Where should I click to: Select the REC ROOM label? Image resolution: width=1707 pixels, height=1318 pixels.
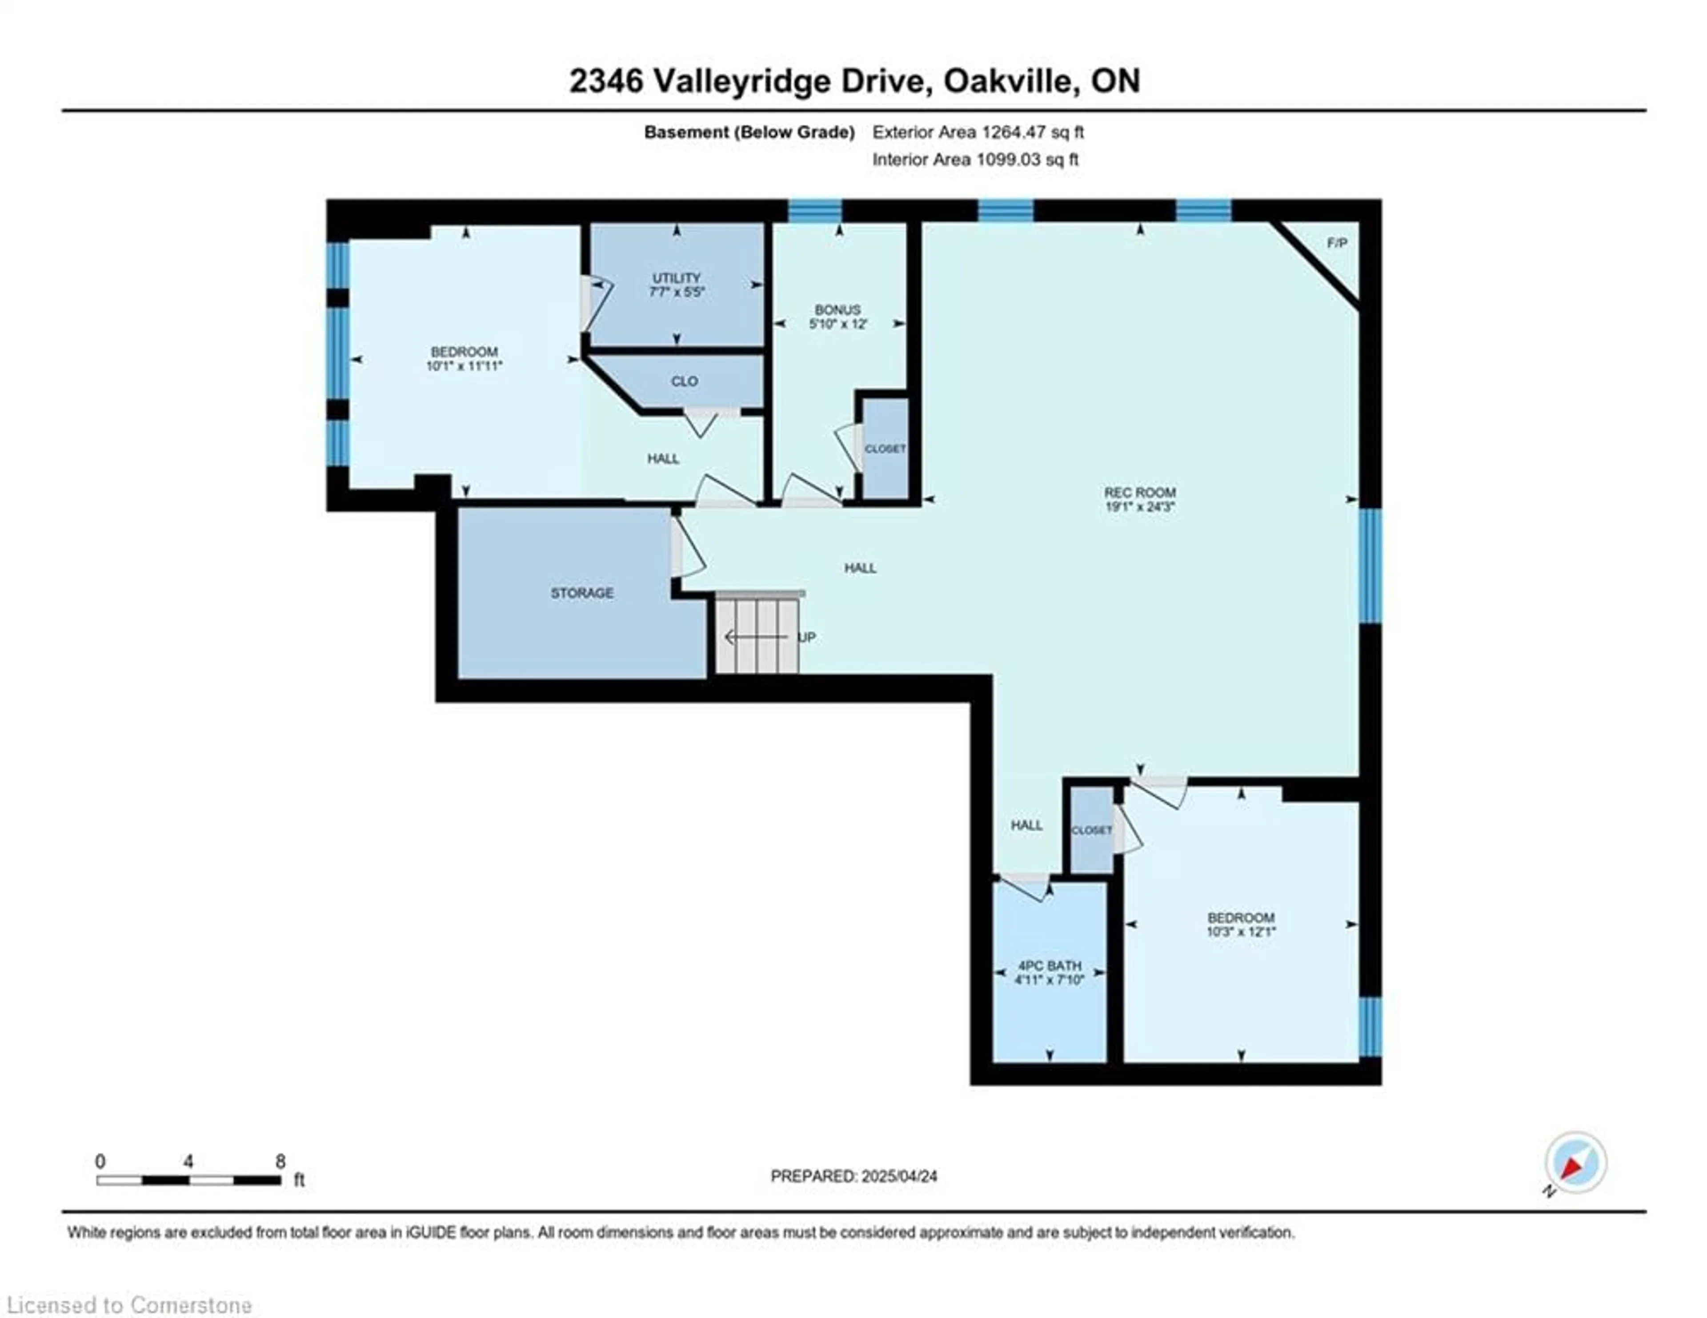[1140, 493]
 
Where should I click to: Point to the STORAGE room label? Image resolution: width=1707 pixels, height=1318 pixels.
[581, 593]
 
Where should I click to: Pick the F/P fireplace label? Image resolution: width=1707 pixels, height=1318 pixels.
[1337, 243]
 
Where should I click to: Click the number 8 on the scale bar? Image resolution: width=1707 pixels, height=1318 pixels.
[280, 1161]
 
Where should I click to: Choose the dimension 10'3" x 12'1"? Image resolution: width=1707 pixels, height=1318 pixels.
[1241, 932]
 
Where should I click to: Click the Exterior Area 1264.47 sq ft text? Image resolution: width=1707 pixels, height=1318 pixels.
[978, 132]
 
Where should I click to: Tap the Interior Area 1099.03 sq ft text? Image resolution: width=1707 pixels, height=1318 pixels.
[975, 160]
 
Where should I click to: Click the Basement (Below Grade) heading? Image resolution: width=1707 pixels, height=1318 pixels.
[749, 132]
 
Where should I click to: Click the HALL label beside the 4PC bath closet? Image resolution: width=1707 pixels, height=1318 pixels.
[1026, 825]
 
